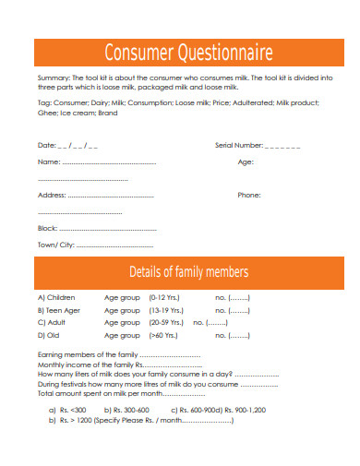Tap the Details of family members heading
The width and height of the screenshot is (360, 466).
(x=188, y=271)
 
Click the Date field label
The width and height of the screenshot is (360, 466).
(x=46, y=146)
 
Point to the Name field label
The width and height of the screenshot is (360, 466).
(x=48, y=162)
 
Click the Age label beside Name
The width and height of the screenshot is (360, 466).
(x=246, y=162)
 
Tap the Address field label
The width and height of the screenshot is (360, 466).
(x=52, y=196)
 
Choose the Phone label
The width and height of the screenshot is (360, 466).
(x=249, y=196)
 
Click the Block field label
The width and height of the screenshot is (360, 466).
(x=47, y=228)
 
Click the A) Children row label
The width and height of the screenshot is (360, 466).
(x=56, y=298)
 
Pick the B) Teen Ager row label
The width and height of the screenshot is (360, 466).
(x=59, y=310)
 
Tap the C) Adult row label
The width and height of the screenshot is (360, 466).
(x=52, y=323)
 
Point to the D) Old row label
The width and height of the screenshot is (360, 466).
(x=49, y=335)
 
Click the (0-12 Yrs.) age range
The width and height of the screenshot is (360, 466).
(x=164, y=298)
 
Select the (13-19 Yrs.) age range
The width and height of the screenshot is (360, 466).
(x=166, y=310)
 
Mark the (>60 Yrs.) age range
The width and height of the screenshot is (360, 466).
(x=164, y=335)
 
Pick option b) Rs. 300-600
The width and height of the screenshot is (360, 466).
(x=126, y=409)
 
